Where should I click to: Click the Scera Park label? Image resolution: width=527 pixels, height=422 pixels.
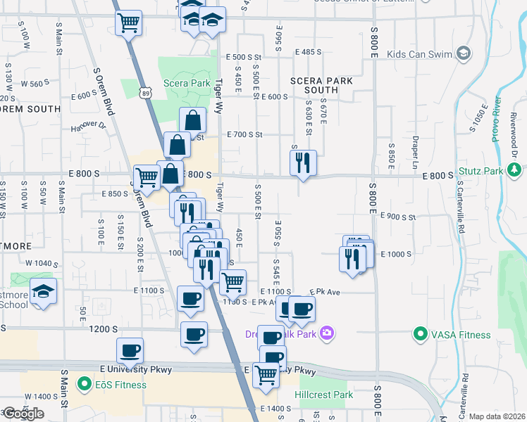187,83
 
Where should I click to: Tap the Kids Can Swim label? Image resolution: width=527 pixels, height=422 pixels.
422,53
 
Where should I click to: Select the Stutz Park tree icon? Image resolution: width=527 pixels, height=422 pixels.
515,170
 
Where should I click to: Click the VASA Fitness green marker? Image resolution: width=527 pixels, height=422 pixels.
421,333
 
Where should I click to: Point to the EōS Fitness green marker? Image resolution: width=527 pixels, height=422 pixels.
85,384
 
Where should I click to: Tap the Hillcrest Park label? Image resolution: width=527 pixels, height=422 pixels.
324,395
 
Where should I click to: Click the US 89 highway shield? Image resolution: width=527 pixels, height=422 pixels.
145,91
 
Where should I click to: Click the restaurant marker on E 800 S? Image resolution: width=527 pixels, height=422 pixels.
303,163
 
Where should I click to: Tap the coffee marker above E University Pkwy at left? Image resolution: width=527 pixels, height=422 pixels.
130,350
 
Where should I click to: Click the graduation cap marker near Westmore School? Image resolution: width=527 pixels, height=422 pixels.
43,292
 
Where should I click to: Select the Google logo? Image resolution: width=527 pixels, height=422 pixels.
23,414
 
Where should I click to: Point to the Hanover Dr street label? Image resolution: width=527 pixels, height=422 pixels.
87,126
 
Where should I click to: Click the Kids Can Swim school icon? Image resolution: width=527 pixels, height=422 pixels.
464,53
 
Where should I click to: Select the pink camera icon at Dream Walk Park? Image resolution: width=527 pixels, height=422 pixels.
326,333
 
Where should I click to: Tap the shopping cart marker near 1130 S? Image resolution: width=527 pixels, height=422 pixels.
232,283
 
